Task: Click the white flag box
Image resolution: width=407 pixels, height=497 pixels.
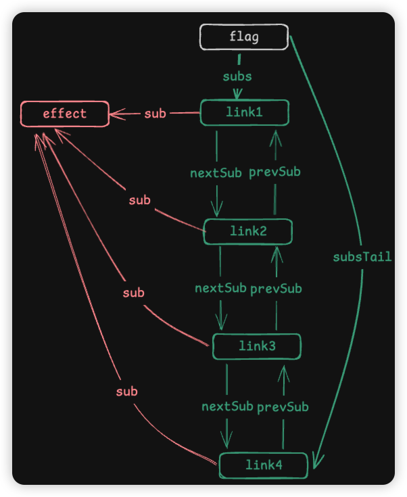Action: pyautogui.click(x=244, y=37)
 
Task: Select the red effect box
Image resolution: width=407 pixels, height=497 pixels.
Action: pyautogui.click(x=65, y=114)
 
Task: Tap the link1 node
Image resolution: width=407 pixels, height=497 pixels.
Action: pyautogui.click(x=244, y=112)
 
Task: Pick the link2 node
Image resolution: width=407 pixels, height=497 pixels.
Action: pyautogui.click(x=248, y=231)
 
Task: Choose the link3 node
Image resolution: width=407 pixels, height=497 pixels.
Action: pyautogui.click(x=257, y=346)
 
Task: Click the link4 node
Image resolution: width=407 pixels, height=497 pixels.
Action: pyautogui.click(x=263, y=465)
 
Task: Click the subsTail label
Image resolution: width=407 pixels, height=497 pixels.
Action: pyautogui.click(x=362, y=257)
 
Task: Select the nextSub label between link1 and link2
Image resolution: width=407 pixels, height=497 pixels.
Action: pyautogui.click(x=216, y=172)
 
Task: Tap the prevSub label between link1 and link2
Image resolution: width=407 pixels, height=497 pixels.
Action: pyautogui.click(x=274, y=172)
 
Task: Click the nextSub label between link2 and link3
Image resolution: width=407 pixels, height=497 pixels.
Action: pyautogui.click(x=220, y=288)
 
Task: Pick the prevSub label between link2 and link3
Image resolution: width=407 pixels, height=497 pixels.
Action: pyautogui.click(x=276, y=289)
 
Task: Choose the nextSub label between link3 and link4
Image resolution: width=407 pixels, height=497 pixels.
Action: pyautogui.click(x=227, y=406)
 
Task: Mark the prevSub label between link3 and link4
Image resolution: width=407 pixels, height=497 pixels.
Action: pyautogui.click(x=283, y=406)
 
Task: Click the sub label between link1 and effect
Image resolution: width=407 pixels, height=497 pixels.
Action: pyautogui.click(x=155, y=114)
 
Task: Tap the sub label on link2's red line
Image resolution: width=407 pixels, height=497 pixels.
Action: pyautogui.click(x=139, y=200)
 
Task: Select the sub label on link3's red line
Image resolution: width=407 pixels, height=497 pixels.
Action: pyautogui.click(x=133, y=293)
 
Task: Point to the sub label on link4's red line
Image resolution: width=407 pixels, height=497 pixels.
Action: pyautogui.click(x=126, y=392)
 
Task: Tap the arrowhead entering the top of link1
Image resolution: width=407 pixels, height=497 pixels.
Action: pyautogui.click(x=237, y=95)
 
